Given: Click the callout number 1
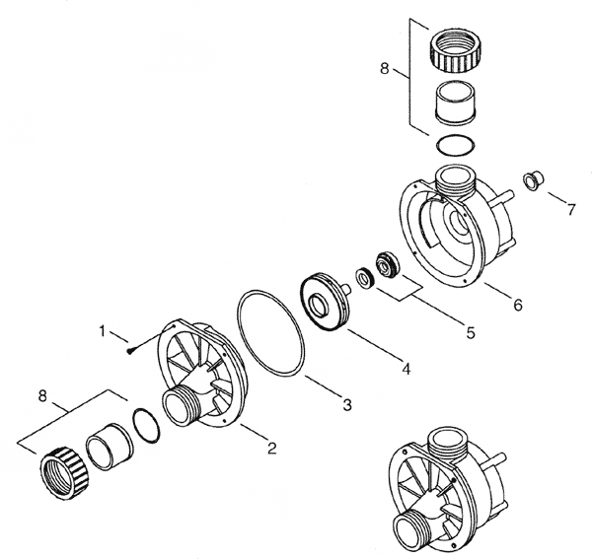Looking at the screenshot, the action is (x=102, y=331).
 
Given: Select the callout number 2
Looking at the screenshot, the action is (x=272, y=448).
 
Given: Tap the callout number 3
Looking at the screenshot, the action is (x=347, y=405).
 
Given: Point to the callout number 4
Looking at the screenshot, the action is (x=406, y=369).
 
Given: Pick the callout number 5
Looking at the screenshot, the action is (x=470, y=332).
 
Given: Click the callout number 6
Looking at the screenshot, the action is (x=518, y=305).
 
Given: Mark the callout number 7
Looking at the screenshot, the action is (x=571, y=210).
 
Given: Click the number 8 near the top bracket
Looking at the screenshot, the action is (x=385, y=69).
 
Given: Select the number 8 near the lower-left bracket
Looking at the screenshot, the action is (x=42, y=396).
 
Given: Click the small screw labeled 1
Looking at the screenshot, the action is (x=129, y=351).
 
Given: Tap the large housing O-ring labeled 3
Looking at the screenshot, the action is (x=271, y=332).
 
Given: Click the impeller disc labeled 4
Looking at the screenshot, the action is (x=326, y=301).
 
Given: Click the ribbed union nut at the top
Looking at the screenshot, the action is (x=456, y=53).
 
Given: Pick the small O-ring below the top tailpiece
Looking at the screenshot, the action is (x=456, y=145).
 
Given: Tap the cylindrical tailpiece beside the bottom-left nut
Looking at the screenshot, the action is (x=109, y=448).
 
